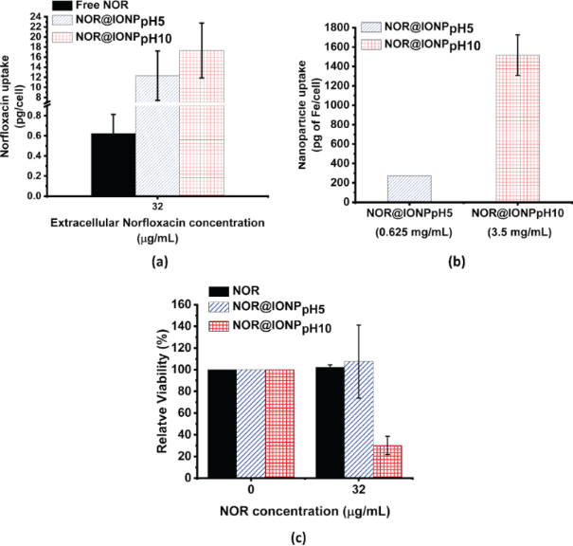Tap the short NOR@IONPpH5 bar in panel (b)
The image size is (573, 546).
tap(377, 189)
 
